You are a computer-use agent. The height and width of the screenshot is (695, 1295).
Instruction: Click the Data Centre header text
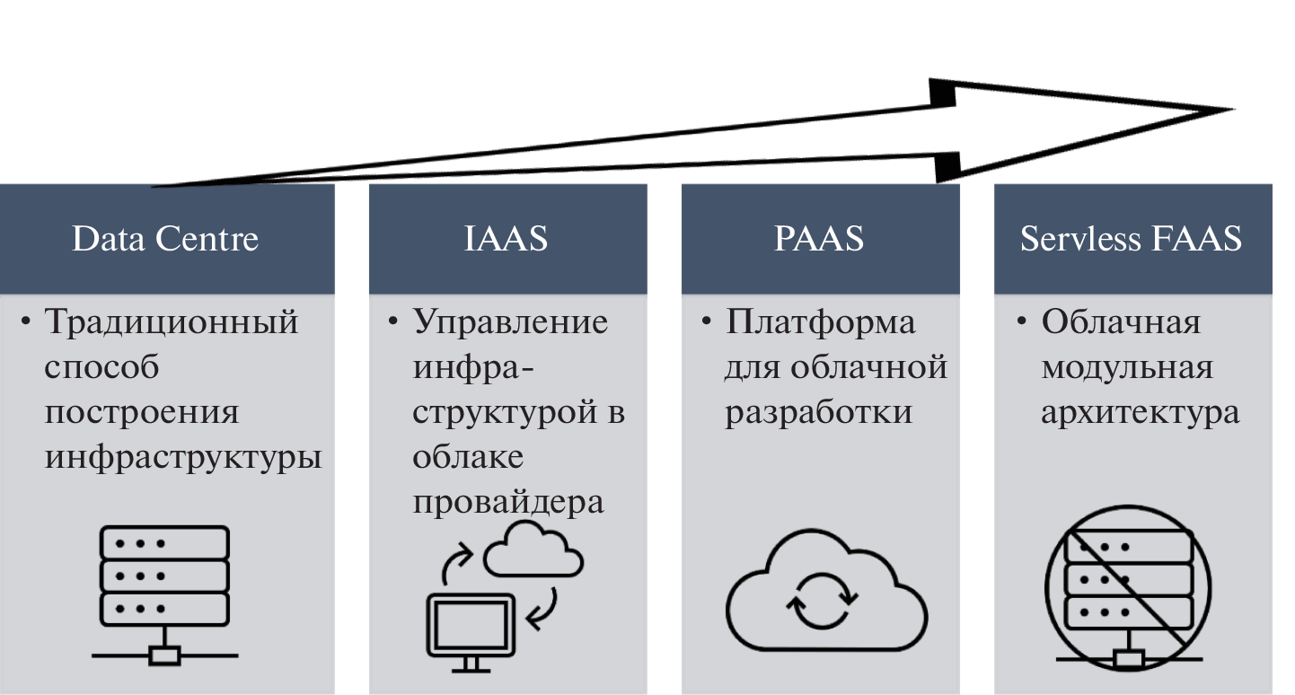(165, 239)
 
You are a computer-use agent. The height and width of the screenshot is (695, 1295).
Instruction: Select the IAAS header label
(507, 239)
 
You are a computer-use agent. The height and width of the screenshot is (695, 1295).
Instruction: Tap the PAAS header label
(819, 239)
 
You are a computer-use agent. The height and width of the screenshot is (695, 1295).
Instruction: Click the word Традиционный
(171, 321)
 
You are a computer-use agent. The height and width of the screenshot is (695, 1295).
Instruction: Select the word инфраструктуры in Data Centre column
(183, 458)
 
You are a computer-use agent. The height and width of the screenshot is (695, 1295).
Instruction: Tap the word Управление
(510, 321)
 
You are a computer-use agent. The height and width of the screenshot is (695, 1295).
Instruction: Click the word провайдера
(508, 503)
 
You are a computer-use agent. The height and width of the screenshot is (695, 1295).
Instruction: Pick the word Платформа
(820, 321)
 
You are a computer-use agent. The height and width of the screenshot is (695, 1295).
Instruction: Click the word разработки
(818, 412)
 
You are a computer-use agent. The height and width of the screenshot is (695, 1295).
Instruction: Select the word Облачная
(1120, 321)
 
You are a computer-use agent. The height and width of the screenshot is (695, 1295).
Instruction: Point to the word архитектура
(1140, 412)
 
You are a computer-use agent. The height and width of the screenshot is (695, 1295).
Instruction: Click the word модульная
(1126, 367)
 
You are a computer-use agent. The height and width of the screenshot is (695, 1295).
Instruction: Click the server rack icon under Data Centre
(164, 594)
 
